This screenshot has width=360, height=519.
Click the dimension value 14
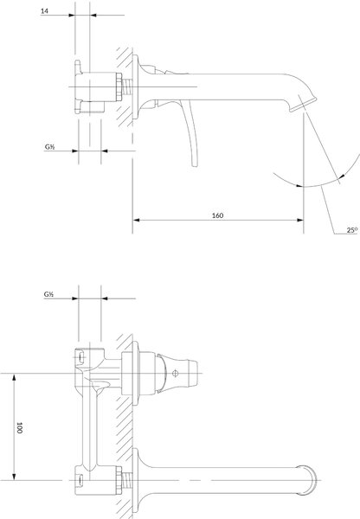click(x=44, y=11)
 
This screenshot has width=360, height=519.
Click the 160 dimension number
click(x=217, y=215)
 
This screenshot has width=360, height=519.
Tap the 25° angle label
click(x=352, y=230)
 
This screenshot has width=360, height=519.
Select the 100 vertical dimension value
click(x=19, y=427)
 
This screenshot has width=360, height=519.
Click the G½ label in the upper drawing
click(x=49, y=147)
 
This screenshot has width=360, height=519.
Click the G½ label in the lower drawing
click(x=48, y=294)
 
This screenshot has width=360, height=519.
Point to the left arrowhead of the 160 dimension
click(x=136, y=220)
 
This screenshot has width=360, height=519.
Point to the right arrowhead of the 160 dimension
click(x=300, y=220)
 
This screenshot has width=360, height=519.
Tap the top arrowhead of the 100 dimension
click(x=14, y=377)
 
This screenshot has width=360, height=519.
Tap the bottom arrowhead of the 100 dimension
click(x=14, y=477)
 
